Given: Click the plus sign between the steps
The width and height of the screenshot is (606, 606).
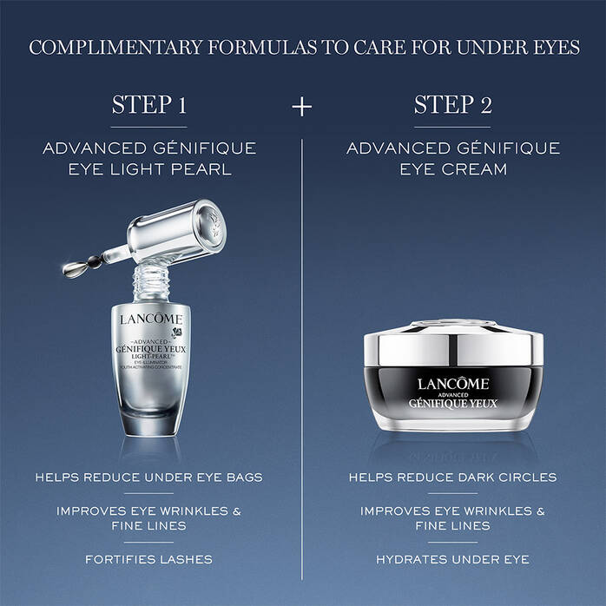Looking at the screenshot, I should click(302, 106).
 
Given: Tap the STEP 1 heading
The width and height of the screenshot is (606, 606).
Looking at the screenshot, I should click(149, 105).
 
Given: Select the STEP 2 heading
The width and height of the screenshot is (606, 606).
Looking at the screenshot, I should click(453, 105).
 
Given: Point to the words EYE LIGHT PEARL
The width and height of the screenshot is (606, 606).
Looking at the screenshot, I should click(149, 169).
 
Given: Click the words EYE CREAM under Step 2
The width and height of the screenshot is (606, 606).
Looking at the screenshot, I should click(453, 169).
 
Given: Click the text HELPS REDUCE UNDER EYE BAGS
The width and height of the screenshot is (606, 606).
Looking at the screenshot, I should click(149, 477).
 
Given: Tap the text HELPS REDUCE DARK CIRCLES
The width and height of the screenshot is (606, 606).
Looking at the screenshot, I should click(453, 477).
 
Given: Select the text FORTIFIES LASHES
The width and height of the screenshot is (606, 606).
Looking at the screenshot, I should click(149, 559).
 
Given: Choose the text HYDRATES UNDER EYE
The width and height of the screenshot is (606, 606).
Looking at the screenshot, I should click(453, 559).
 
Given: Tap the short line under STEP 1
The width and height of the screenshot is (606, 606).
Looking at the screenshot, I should click(149, 127).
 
